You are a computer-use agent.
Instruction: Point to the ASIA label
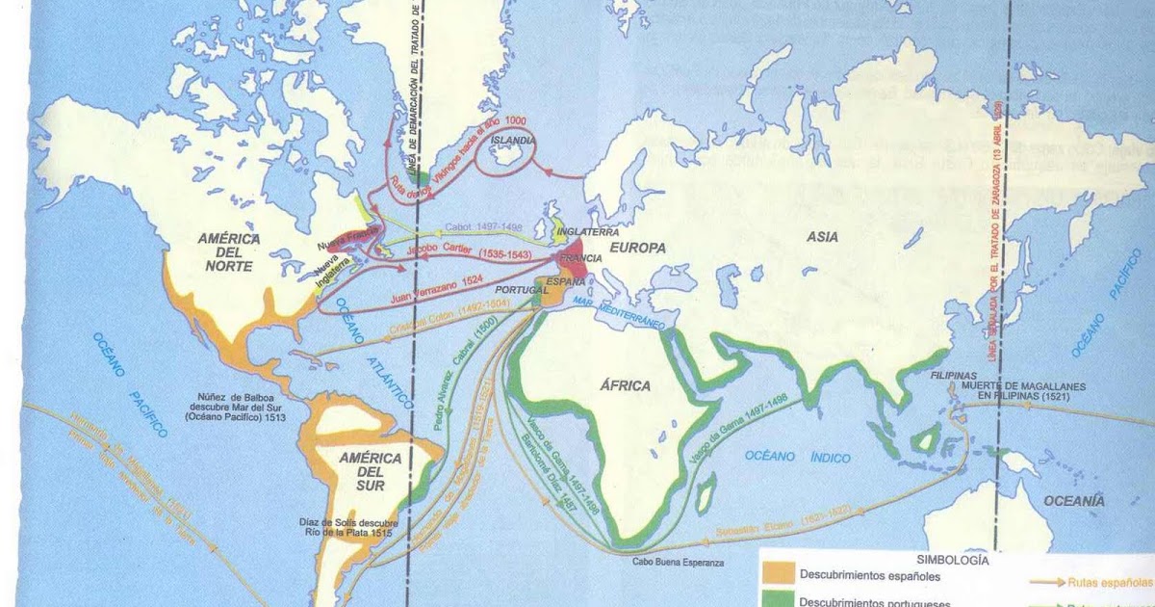pyautogui.click(x=823, y=236)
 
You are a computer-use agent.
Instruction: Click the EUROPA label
pyautogui.click(x=636, y=248)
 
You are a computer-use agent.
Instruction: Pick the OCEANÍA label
pyautogui.click(x=1074, y=500)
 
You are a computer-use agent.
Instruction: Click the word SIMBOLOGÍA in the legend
pyautogui.click(x=952, y=558)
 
